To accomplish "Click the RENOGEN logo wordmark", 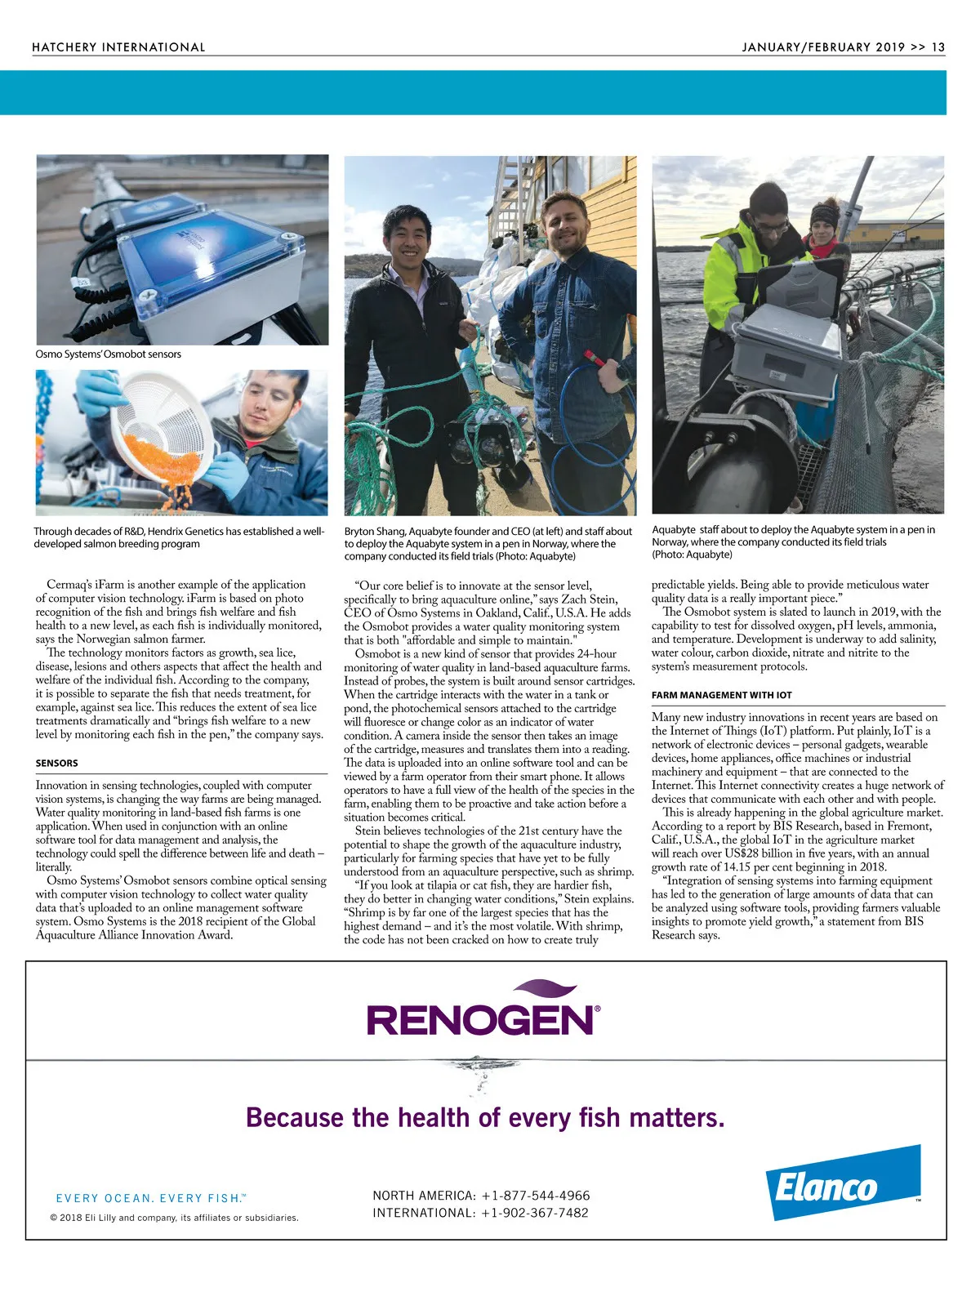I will click(483, 1020).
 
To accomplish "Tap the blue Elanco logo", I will click(843, 1183).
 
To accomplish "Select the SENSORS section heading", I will click(56, 764).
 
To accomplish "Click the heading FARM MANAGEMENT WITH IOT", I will click(721, 695).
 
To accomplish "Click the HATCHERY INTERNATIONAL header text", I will click(118, 47).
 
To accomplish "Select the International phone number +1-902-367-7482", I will click(535, 1213).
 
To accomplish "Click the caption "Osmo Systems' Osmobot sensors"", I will click(108, 354).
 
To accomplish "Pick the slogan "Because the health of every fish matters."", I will click(485, 1117).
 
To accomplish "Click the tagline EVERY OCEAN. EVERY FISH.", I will click(149, 1198).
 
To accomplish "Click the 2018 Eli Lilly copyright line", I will click(174, 1218).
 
